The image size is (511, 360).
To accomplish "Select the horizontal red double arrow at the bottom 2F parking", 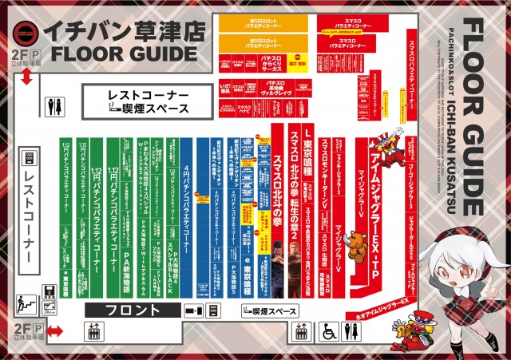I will [x=54, y=330].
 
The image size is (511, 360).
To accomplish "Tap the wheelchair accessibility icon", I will [x=327, y=331].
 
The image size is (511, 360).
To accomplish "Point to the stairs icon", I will [x=25, y=304].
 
